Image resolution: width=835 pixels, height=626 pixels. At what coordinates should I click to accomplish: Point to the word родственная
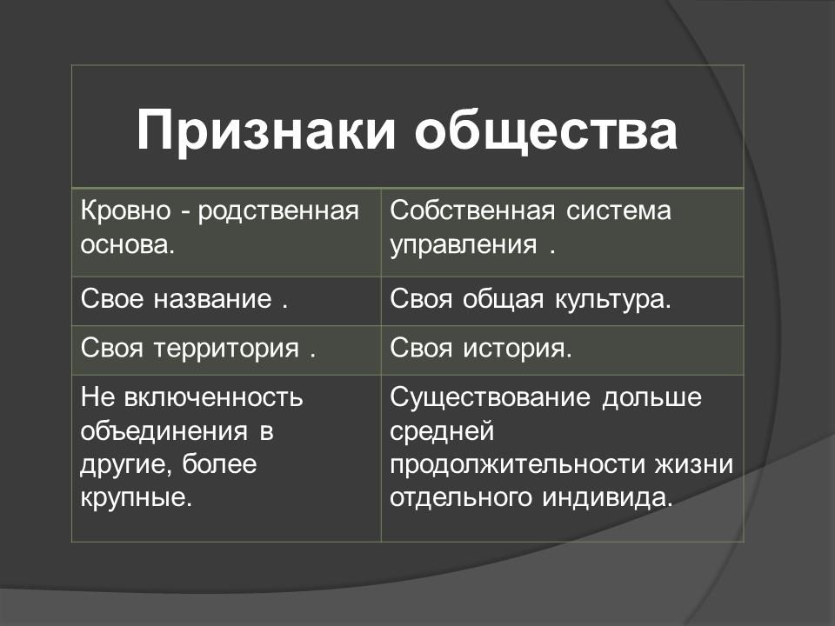click(x=279, y=211)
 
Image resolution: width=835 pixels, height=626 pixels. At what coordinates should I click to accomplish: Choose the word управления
click(x=464, y=244)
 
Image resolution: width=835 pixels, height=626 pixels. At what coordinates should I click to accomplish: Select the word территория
click(x=226, y=350)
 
